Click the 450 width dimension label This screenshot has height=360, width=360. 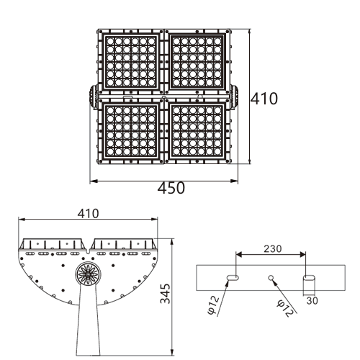(171, 188)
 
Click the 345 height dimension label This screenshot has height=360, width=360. (165, 294)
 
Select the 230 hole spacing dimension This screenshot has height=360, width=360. (272, 249)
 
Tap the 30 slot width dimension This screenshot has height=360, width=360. (312, 300)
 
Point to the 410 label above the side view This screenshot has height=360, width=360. (88, 214)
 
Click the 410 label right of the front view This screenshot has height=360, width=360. (264, 99)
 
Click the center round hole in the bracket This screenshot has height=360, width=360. (271, 278)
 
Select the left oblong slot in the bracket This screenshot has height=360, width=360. (233, 278)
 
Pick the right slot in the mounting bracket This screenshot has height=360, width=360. (309, 278)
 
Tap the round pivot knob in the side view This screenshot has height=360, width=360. (88, 274)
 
